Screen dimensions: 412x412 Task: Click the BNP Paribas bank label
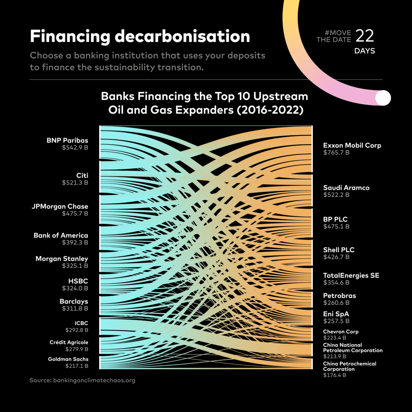point(67,140)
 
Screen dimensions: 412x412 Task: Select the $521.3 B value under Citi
point(75,183)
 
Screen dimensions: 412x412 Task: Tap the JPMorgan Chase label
point(60,207)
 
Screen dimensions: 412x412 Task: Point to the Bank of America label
point(61,235)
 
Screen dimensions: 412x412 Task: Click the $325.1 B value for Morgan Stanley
point(75,266)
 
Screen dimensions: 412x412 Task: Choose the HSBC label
point(78,281)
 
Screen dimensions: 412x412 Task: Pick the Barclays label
point(74,301)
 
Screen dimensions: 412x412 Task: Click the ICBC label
point(81,323)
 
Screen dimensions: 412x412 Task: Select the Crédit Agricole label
point(69,342)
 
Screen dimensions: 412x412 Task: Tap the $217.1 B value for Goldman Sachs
point(77,366)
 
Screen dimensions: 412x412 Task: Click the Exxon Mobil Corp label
point(352,145)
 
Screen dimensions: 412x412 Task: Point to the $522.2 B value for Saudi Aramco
point(336,195)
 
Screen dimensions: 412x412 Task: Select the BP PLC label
point(335,219)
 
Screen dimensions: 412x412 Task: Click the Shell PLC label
point(339,250)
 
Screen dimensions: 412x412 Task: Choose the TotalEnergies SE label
point(351,275)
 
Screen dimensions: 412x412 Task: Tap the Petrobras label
point(340,296)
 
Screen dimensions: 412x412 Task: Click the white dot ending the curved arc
point(383,98)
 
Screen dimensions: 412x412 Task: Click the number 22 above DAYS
point(365,36)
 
